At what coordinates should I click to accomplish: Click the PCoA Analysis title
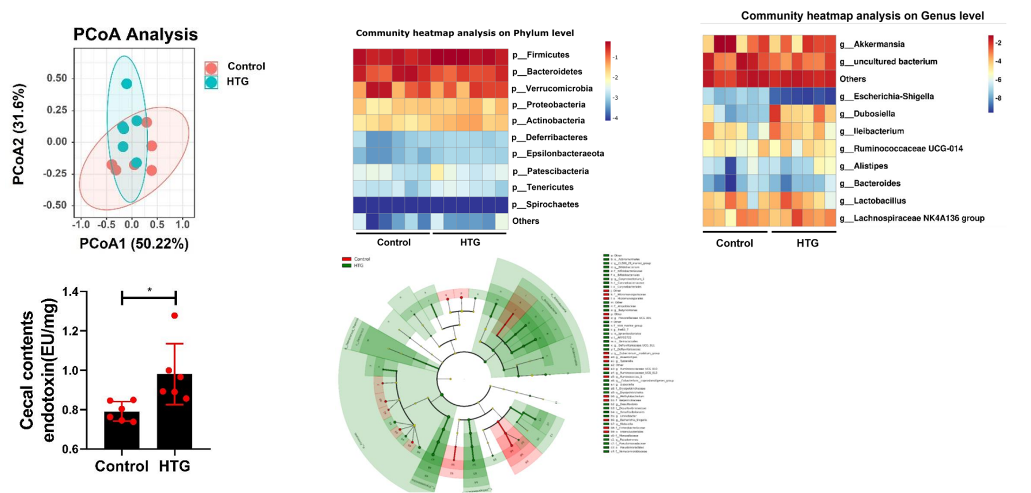[x=135, y=34]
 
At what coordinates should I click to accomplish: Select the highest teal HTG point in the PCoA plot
[x=126, y=83]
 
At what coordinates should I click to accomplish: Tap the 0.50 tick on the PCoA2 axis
[x=57, y=78]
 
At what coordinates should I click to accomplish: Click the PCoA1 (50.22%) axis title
[x=134, y=244]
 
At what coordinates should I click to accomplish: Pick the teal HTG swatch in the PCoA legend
[x=211, y=82]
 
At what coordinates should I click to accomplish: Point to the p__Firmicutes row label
[x=540, y=55]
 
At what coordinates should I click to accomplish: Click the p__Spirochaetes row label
[x=545, y=204]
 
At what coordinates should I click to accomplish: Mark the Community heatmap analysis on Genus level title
[x=862, y=16]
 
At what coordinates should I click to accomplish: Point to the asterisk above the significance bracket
[x=149, y=290]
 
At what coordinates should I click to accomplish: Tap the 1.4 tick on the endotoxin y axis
[x=70, y=293]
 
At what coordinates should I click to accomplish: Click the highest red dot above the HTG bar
[x=174, y=315]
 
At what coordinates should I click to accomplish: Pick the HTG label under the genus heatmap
[x=807, y=243]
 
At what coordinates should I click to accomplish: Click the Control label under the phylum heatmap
[x=394, y=242]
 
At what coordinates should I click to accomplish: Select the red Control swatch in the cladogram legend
[x=347, y=259]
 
